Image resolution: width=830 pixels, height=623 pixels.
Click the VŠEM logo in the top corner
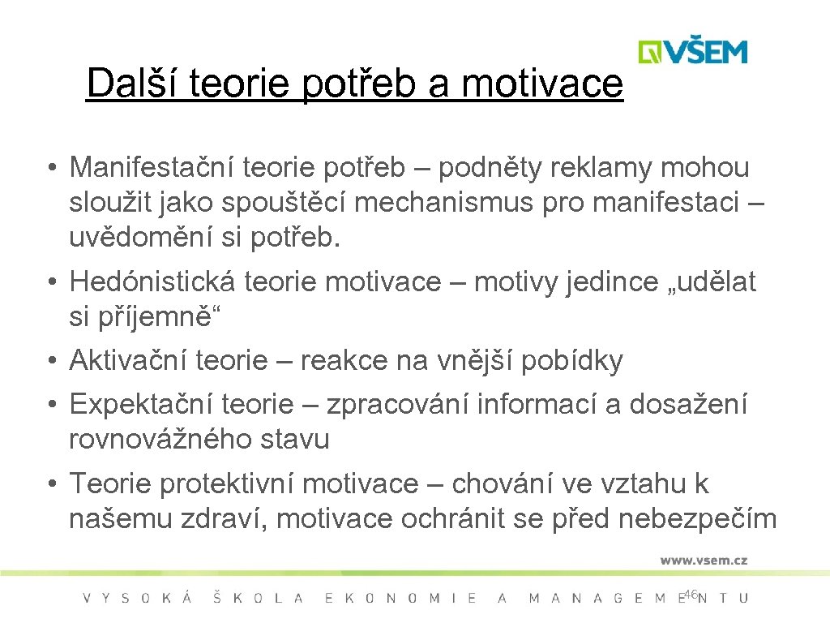[x=692, y=51]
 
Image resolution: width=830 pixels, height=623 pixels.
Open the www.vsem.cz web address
[x=704, y=560]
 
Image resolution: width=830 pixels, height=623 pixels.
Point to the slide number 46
[x=691, y=595]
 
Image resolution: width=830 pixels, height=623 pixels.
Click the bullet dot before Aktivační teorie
[x=50, y=361]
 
